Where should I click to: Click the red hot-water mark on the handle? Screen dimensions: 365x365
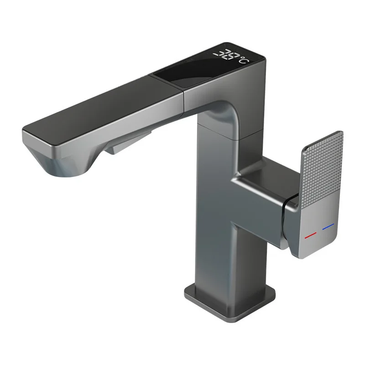point(311,234)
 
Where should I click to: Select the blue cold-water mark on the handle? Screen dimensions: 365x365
point(328,226)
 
